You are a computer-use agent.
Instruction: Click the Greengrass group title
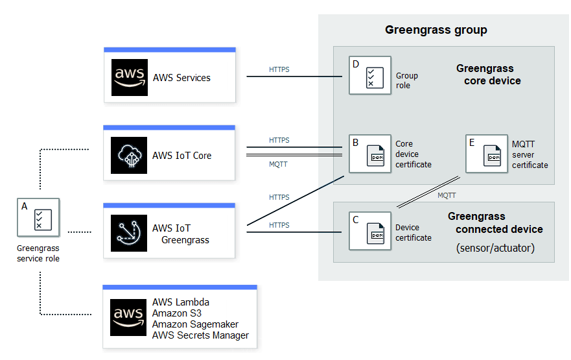coord(436,30)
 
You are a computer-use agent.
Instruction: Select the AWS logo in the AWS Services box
coord(129,78)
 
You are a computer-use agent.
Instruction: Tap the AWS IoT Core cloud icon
coord(129,156)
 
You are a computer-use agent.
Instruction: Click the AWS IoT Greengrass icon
coord(129,234)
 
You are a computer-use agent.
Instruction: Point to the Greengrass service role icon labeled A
coord(38,219)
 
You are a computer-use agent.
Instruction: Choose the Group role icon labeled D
coord(370,76)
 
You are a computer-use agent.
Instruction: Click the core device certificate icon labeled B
coord(370,154)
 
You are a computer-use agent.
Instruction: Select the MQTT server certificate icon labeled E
coord(486,154)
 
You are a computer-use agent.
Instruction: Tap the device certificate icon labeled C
coord(370,232)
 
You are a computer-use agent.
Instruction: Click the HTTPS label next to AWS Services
coord(279,69)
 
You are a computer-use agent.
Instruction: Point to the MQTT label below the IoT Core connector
coord(279,164)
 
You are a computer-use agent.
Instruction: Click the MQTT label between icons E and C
coord(446,195)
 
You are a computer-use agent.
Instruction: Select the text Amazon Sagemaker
coord(195,324)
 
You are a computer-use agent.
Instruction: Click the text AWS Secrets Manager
coord(200,335)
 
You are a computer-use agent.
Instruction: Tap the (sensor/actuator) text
coord(495,248)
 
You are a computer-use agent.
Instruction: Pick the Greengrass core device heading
coord(488,75)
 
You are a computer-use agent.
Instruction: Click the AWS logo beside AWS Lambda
coord(129,318)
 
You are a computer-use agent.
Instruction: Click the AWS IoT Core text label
coord(181,156)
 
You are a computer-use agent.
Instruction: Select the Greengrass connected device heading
coord(496,222)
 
